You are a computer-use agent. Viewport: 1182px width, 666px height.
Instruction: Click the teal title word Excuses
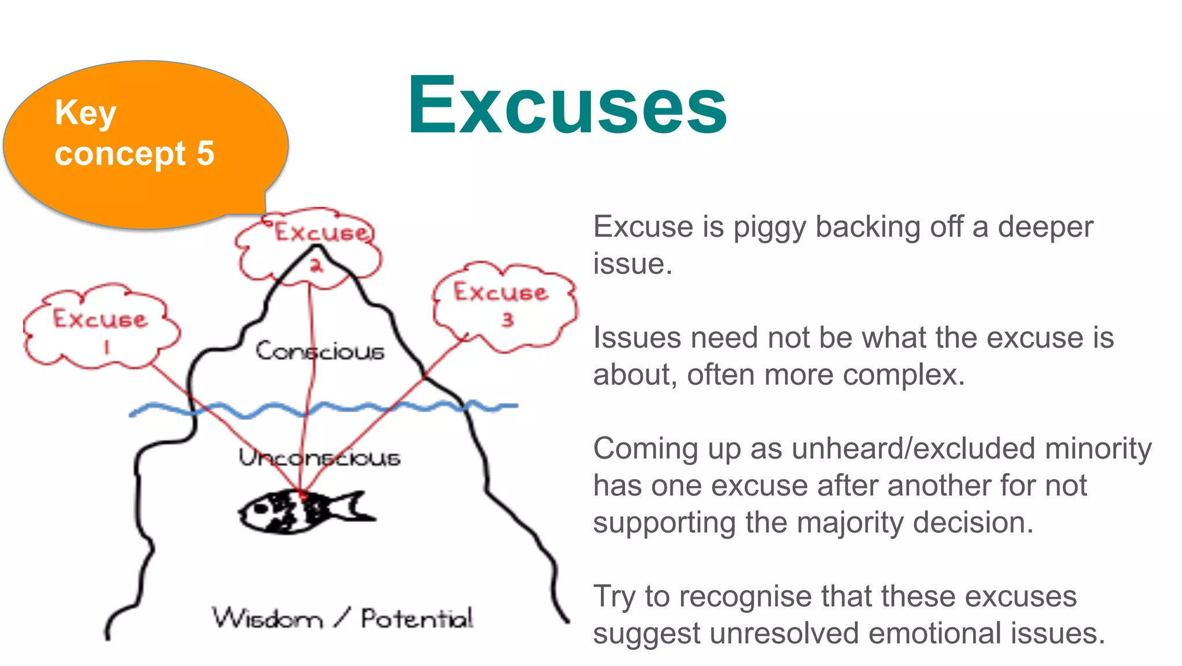[x=567, y=105]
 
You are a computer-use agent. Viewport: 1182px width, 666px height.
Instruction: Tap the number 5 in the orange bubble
[x=205, y=154]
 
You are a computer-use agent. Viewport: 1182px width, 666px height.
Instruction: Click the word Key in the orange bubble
[x=85, y=113]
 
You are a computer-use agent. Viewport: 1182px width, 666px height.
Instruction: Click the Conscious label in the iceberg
[x=320, y=351]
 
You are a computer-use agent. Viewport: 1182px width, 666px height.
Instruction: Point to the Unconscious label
[x=319, y=457]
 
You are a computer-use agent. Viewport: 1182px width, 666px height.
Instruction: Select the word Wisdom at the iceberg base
[x=267, y=619]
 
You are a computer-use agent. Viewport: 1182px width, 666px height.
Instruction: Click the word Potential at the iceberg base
[x=417, y=619]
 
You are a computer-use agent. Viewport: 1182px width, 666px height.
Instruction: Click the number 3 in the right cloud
[x=507, y=319]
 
